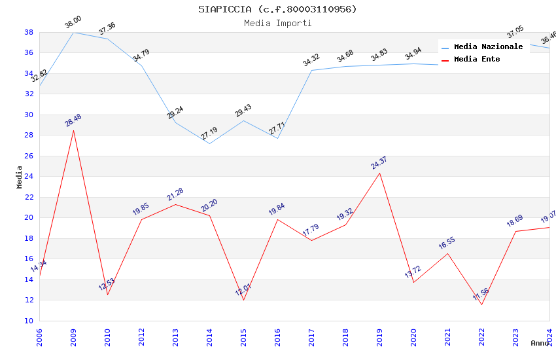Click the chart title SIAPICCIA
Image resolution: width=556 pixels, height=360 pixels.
click(x=278, y=9)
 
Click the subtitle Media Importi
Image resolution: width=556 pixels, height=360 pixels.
click(x=278, y=23)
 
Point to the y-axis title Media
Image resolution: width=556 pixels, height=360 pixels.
click(x=20, y=176)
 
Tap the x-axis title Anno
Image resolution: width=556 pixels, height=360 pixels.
click(x=540, y=343)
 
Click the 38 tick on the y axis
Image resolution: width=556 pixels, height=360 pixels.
click(x=29, y=32)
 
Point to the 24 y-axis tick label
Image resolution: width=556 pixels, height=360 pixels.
click(x=29, y=176)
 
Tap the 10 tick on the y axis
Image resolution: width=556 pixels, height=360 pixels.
click(x=29, y=321)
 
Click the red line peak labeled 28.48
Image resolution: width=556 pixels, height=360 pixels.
click(x=73, y=130)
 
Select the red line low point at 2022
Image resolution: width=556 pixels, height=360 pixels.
click(x=481, y=304)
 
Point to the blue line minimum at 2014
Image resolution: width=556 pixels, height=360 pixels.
click(x=209, y=143)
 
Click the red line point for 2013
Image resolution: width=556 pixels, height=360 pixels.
click(x=175, y=204)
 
